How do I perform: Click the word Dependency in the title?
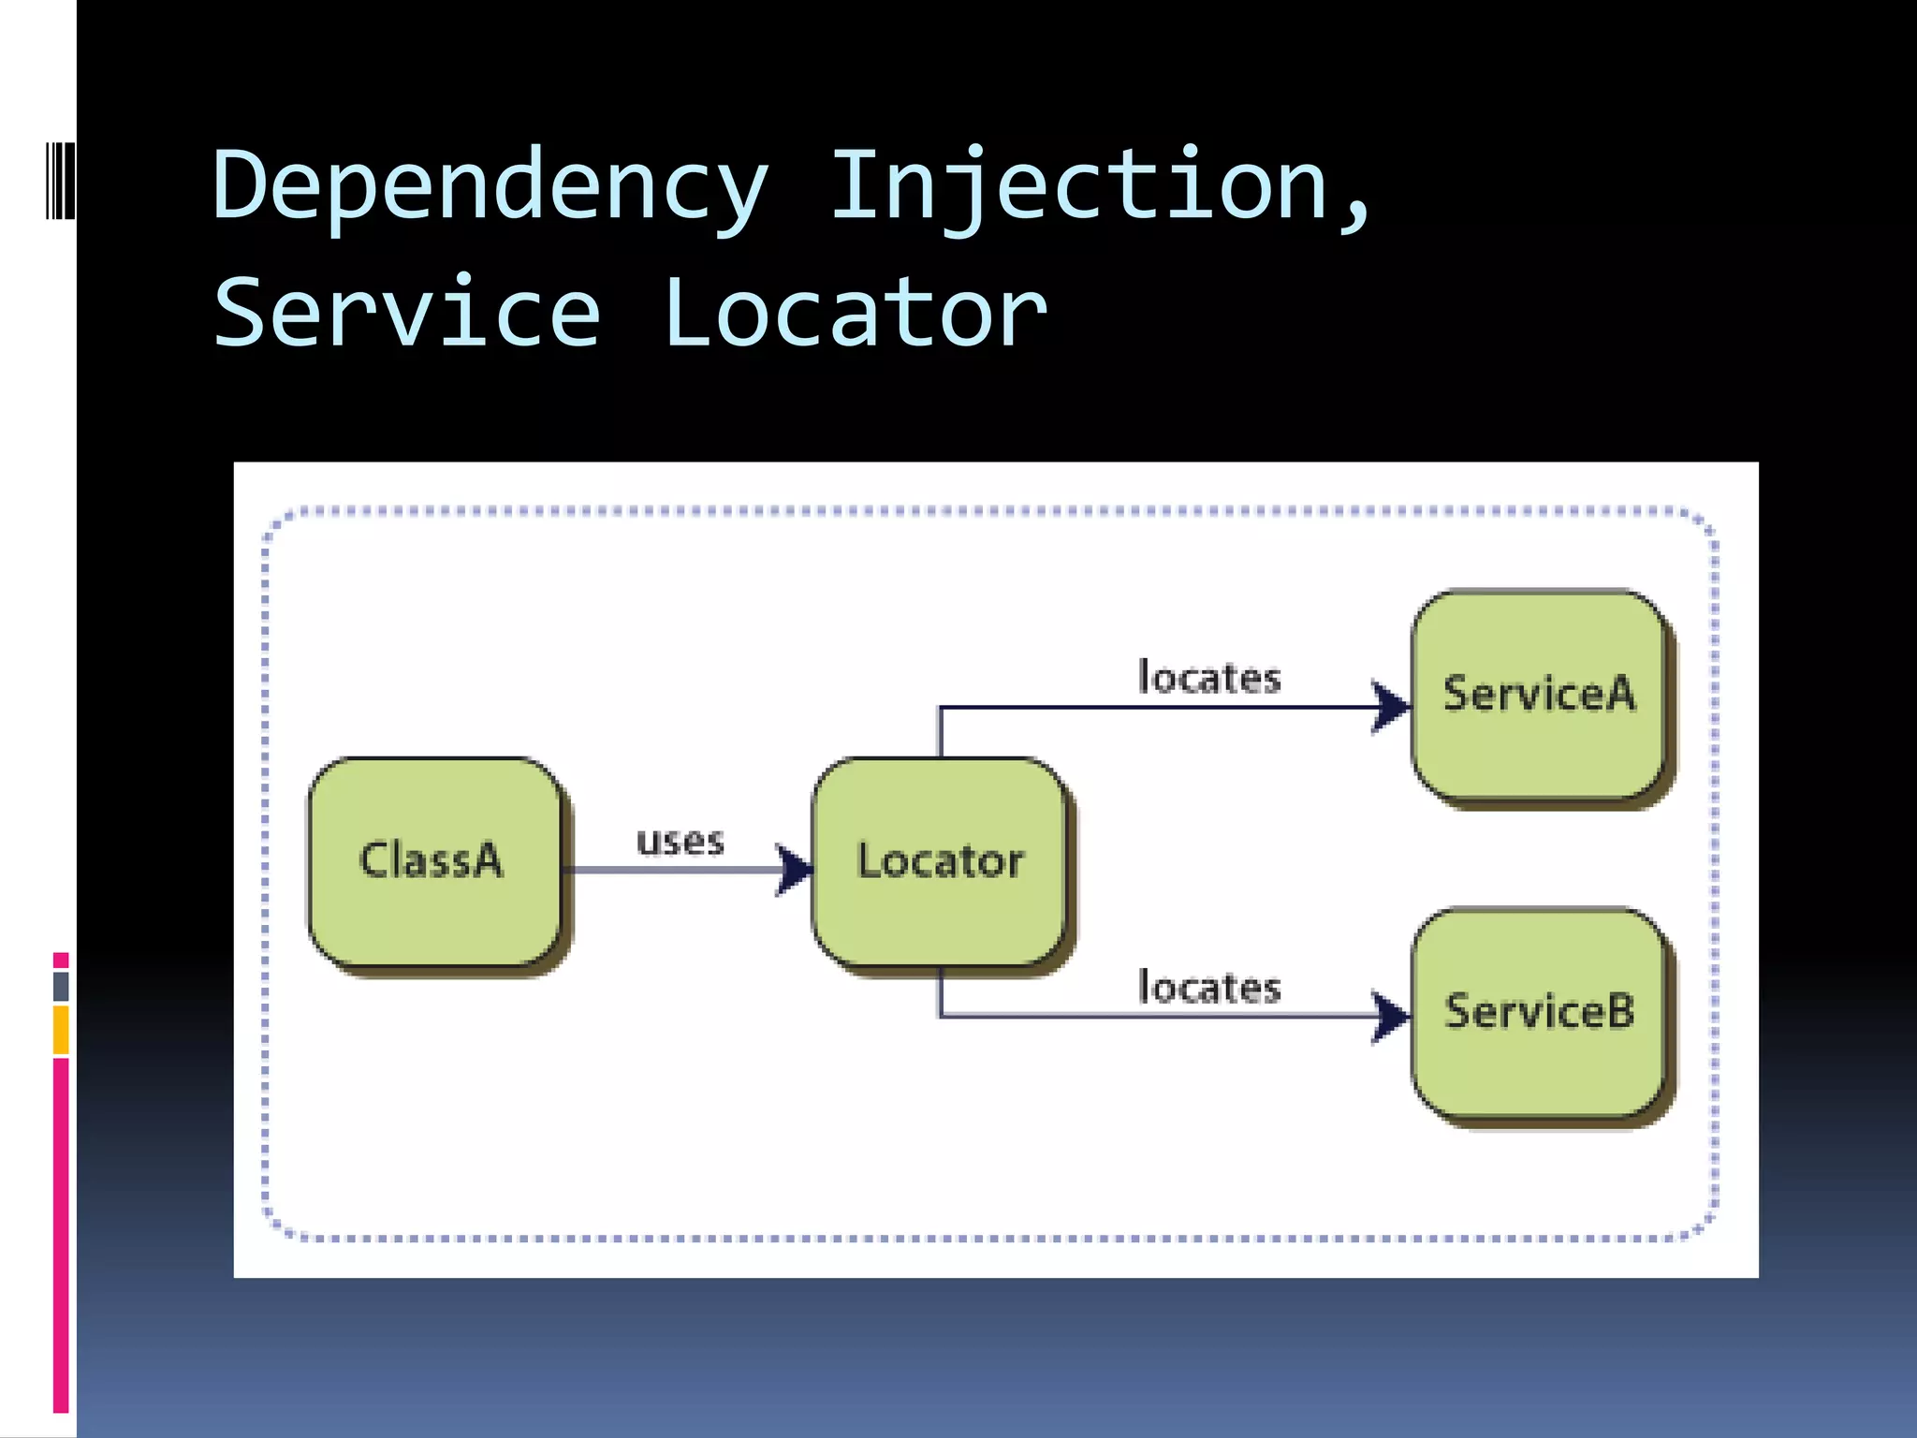pyautogui.click(x=490, y=187)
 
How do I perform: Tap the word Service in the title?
pyautogui.click(x=407, y=314)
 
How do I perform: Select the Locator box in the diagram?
pyautogui.click(x=940, y=861)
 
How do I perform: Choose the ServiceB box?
pyautogui.click(x=1539, y=1012)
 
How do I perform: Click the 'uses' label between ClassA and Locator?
pyautogui.click(x=680, y=841)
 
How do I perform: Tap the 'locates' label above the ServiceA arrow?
pyautogui.click(x=1208, y=678)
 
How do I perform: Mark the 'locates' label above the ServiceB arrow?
pyautogui.click(x=1208, y=988)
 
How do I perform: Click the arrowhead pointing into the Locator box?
pyautogui.click(x=794, y=870)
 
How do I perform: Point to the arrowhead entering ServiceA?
pyautogui.click(x=1391, y=707)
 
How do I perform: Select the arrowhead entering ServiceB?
pyautogui.click(x=1391, y=1016)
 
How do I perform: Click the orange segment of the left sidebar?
pyautogui.click(x=61, y=1030)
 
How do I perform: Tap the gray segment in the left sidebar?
pyautogui.click(x=61, y=986)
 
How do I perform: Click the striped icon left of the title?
pyautogui.click(x=61, y=180)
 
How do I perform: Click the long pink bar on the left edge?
pyautogui.click(x=61, y=1236)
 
